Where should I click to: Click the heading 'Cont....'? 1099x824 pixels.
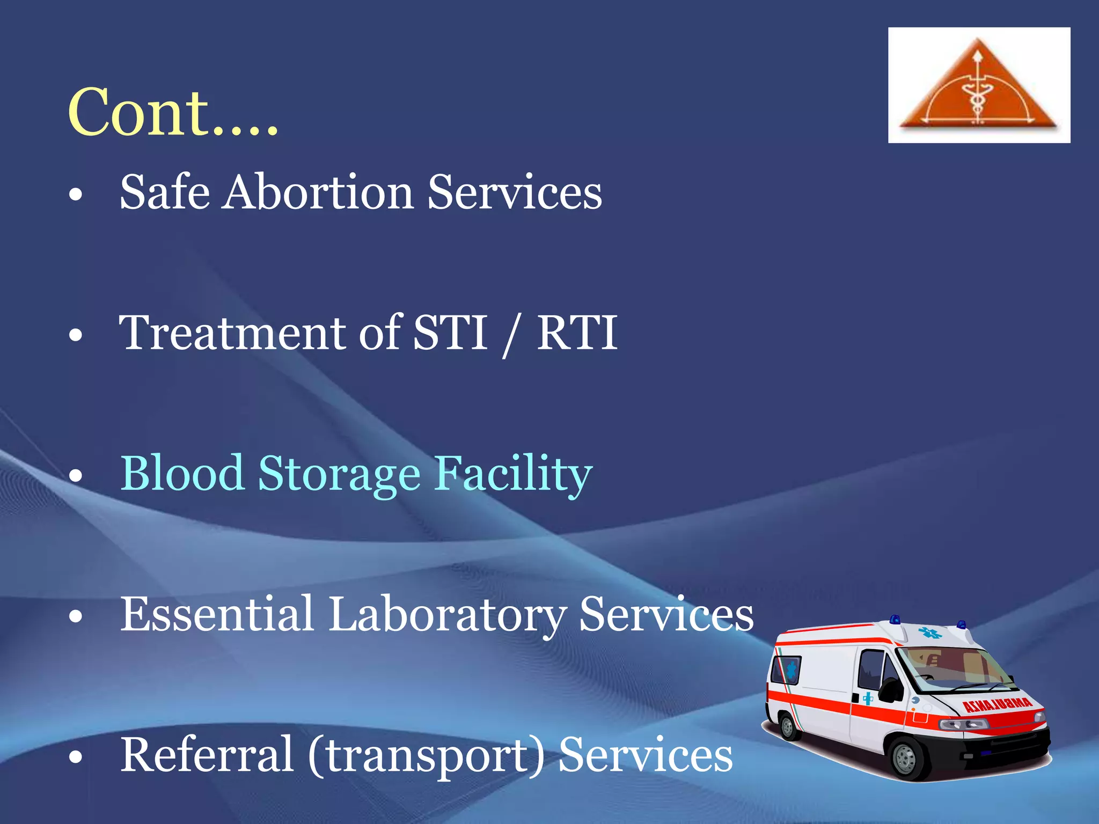173,113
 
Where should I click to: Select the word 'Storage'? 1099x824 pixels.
339,475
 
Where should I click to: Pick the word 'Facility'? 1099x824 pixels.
512,475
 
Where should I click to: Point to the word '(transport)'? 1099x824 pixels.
426,756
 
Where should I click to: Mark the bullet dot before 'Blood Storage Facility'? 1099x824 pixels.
76,476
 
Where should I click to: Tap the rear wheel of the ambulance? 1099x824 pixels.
787,727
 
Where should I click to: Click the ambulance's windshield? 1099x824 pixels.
958,668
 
